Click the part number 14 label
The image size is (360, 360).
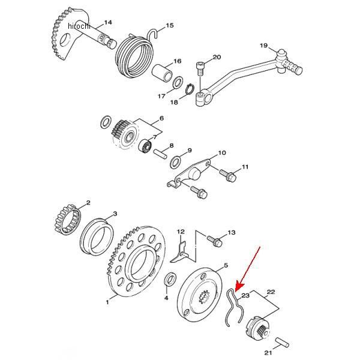[108, 23]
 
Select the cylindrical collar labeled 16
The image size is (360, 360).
[163, 73]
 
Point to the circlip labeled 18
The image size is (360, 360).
[190, 89]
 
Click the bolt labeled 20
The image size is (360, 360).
[200, 69]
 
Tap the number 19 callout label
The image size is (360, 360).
[264, 46]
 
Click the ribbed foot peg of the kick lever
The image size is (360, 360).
[292, 66]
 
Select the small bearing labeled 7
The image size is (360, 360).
[146, 145]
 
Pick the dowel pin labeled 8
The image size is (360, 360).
[160, 154]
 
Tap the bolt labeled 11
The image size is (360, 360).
[228, 175]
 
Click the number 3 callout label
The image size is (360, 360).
[115, 214]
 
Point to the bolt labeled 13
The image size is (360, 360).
[214, 241]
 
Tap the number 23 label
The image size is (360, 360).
[245, 295]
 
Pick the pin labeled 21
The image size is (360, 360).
[282, 342]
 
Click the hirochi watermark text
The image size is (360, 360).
[79, 26]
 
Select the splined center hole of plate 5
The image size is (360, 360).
[205, 298]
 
